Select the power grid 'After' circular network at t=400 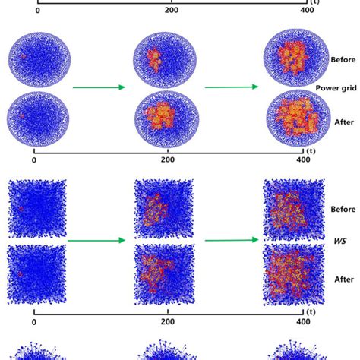tap(293, 119)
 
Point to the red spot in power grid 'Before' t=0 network tap(23, 56)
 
